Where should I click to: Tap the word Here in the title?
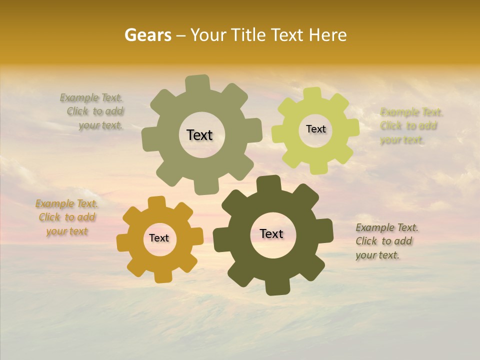tap(327, 35)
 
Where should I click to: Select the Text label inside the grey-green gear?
tap(199, 135)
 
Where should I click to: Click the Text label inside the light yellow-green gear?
tap(315, 129)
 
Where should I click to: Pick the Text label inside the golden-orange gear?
tap(159, 238)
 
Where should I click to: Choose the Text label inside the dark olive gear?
tap(271, 233)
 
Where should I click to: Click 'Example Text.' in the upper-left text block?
tap(91, 97)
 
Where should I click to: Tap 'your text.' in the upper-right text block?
tap(401, 140)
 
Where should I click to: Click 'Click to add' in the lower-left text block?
tap(67, 217)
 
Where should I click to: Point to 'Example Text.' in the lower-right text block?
tap(387, 227)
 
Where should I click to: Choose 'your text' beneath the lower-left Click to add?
tap(67, 231)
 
